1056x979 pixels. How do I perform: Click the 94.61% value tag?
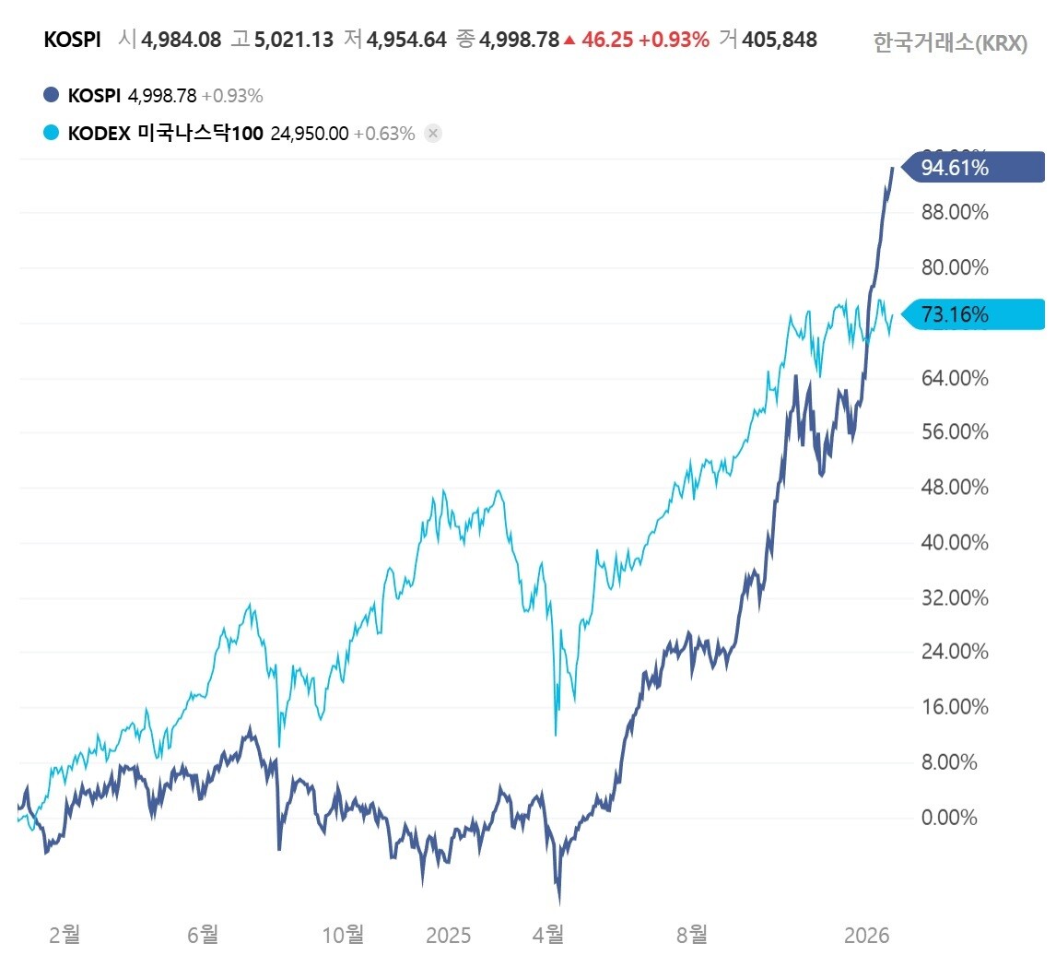(x=972, y=168)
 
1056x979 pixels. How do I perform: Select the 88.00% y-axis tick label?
(x=955, y=213)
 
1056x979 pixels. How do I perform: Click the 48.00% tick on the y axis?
(x=955, y=487)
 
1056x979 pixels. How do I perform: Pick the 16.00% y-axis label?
(x=955, y=707)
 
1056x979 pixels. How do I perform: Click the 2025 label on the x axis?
(x=449, y=936)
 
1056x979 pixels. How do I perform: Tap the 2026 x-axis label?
(x=867, y=936)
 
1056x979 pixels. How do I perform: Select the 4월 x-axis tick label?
(x=549, y=936)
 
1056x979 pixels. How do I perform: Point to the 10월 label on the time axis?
(x=343, y=936)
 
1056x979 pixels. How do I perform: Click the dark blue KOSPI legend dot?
(x=52, y=95)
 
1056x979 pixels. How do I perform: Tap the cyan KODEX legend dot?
(x=52, y=133)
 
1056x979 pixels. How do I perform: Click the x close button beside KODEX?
(x=433, y=133)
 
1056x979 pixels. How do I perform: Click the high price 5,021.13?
(x=294, y=40)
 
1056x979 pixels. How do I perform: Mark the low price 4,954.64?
(x=406, y=40)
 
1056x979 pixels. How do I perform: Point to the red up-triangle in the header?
(x=569, y=40)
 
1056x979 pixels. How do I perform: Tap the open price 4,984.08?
(x=182, y=40)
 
